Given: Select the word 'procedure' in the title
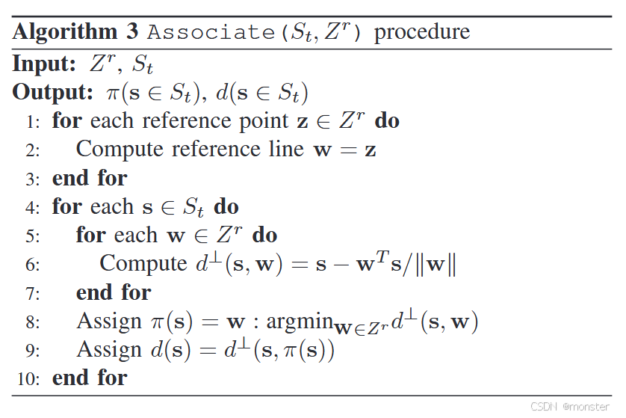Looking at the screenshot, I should pyautogui.click(x=422, y=32).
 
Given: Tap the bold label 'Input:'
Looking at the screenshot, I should pyautogui.click(x=44, y=64).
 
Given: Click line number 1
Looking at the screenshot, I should pyautogui.click(x=32, y=122).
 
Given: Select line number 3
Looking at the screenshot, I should pyautogui.click(x=32, y=179).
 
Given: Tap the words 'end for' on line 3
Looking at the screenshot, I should pyautogui.click(x=90, y=178).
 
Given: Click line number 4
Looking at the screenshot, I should pyautogui.click(x=32, y=207).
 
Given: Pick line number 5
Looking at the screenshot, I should pyautogui.click(x=32, y=236).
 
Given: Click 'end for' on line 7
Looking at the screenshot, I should pyautogui.click(x=114, y=292).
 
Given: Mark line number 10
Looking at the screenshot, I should pyautogui.click(x=29, y=378).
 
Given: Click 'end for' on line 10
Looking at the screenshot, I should pyautogui.click(x=90, y=378).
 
